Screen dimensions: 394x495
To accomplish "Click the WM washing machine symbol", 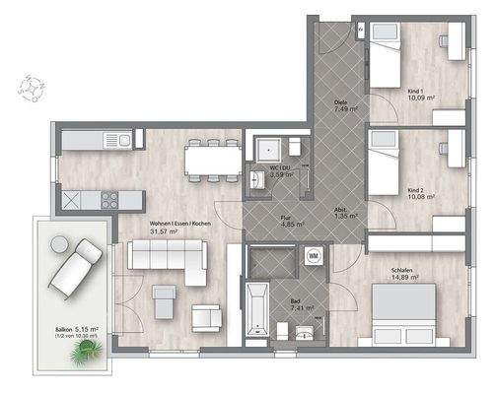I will coord(314,256).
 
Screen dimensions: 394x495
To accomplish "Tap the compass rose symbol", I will coord(32,88).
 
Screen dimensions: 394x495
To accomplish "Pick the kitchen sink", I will coord(123,141).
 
